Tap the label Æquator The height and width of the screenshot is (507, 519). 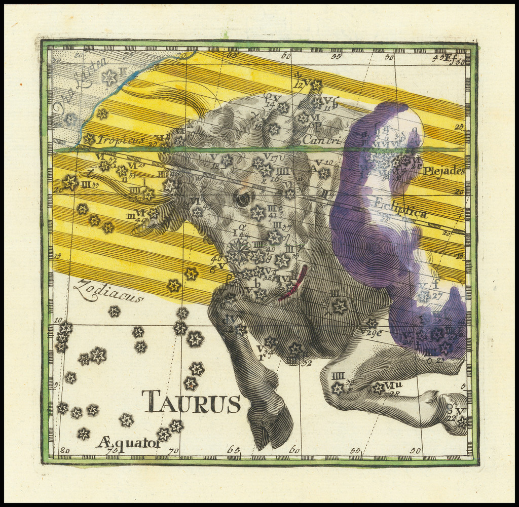128,443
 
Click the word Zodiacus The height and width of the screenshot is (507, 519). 108,292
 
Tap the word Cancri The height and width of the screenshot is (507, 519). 321,139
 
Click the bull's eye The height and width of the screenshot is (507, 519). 243,199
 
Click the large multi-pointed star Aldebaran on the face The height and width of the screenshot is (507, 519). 239,250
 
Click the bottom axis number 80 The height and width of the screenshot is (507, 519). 65,450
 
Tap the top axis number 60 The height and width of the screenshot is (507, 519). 286,56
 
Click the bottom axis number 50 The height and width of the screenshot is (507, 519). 416,450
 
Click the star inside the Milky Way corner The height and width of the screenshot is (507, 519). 109,77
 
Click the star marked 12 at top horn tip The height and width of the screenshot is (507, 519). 316,85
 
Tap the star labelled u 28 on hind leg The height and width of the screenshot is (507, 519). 378,388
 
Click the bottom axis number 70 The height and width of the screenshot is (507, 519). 173,451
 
